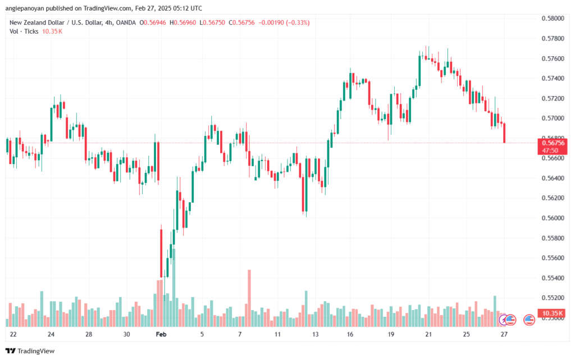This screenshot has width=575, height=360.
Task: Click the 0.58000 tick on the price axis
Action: (553, 19)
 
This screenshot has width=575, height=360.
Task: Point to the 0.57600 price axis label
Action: (553, 58)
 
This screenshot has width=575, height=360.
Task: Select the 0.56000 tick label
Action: (553, 218)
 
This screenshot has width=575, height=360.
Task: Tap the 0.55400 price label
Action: (553, 277)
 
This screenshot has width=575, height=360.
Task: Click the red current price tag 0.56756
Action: (553, 143)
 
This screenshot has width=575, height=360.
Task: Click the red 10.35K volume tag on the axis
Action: (553, 313)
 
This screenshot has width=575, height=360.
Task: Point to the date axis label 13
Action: (315, 334)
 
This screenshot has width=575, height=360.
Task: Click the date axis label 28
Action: (89, 334)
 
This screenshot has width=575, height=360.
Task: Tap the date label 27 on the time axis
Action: (504, 334)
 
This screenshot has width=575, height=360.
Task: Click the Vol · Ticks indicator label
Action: (23, 32)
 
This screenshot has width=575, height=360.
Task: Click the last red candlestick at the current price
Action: (505, 133)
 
